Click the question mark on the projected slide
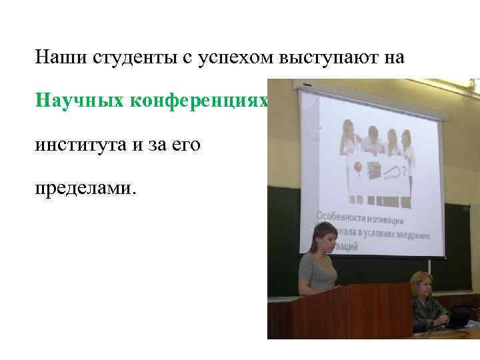click(x=407, y=171)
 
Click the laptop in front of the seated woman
click(x=457, y=321)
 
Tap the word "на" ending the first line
click(x=394, y=59)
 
